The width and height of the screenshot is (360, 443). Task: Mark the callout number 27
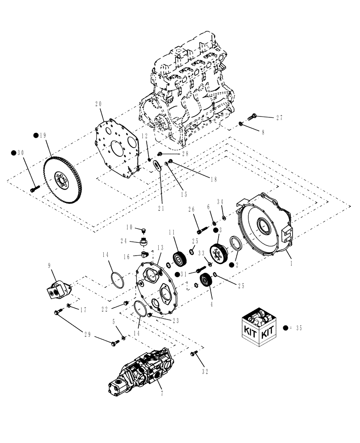[x=279, y=118]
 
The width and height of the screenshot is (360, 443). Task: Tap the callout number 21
[x=160, y=208]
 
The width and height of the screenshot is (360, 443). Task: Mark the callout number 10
[x=129, y=227]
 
